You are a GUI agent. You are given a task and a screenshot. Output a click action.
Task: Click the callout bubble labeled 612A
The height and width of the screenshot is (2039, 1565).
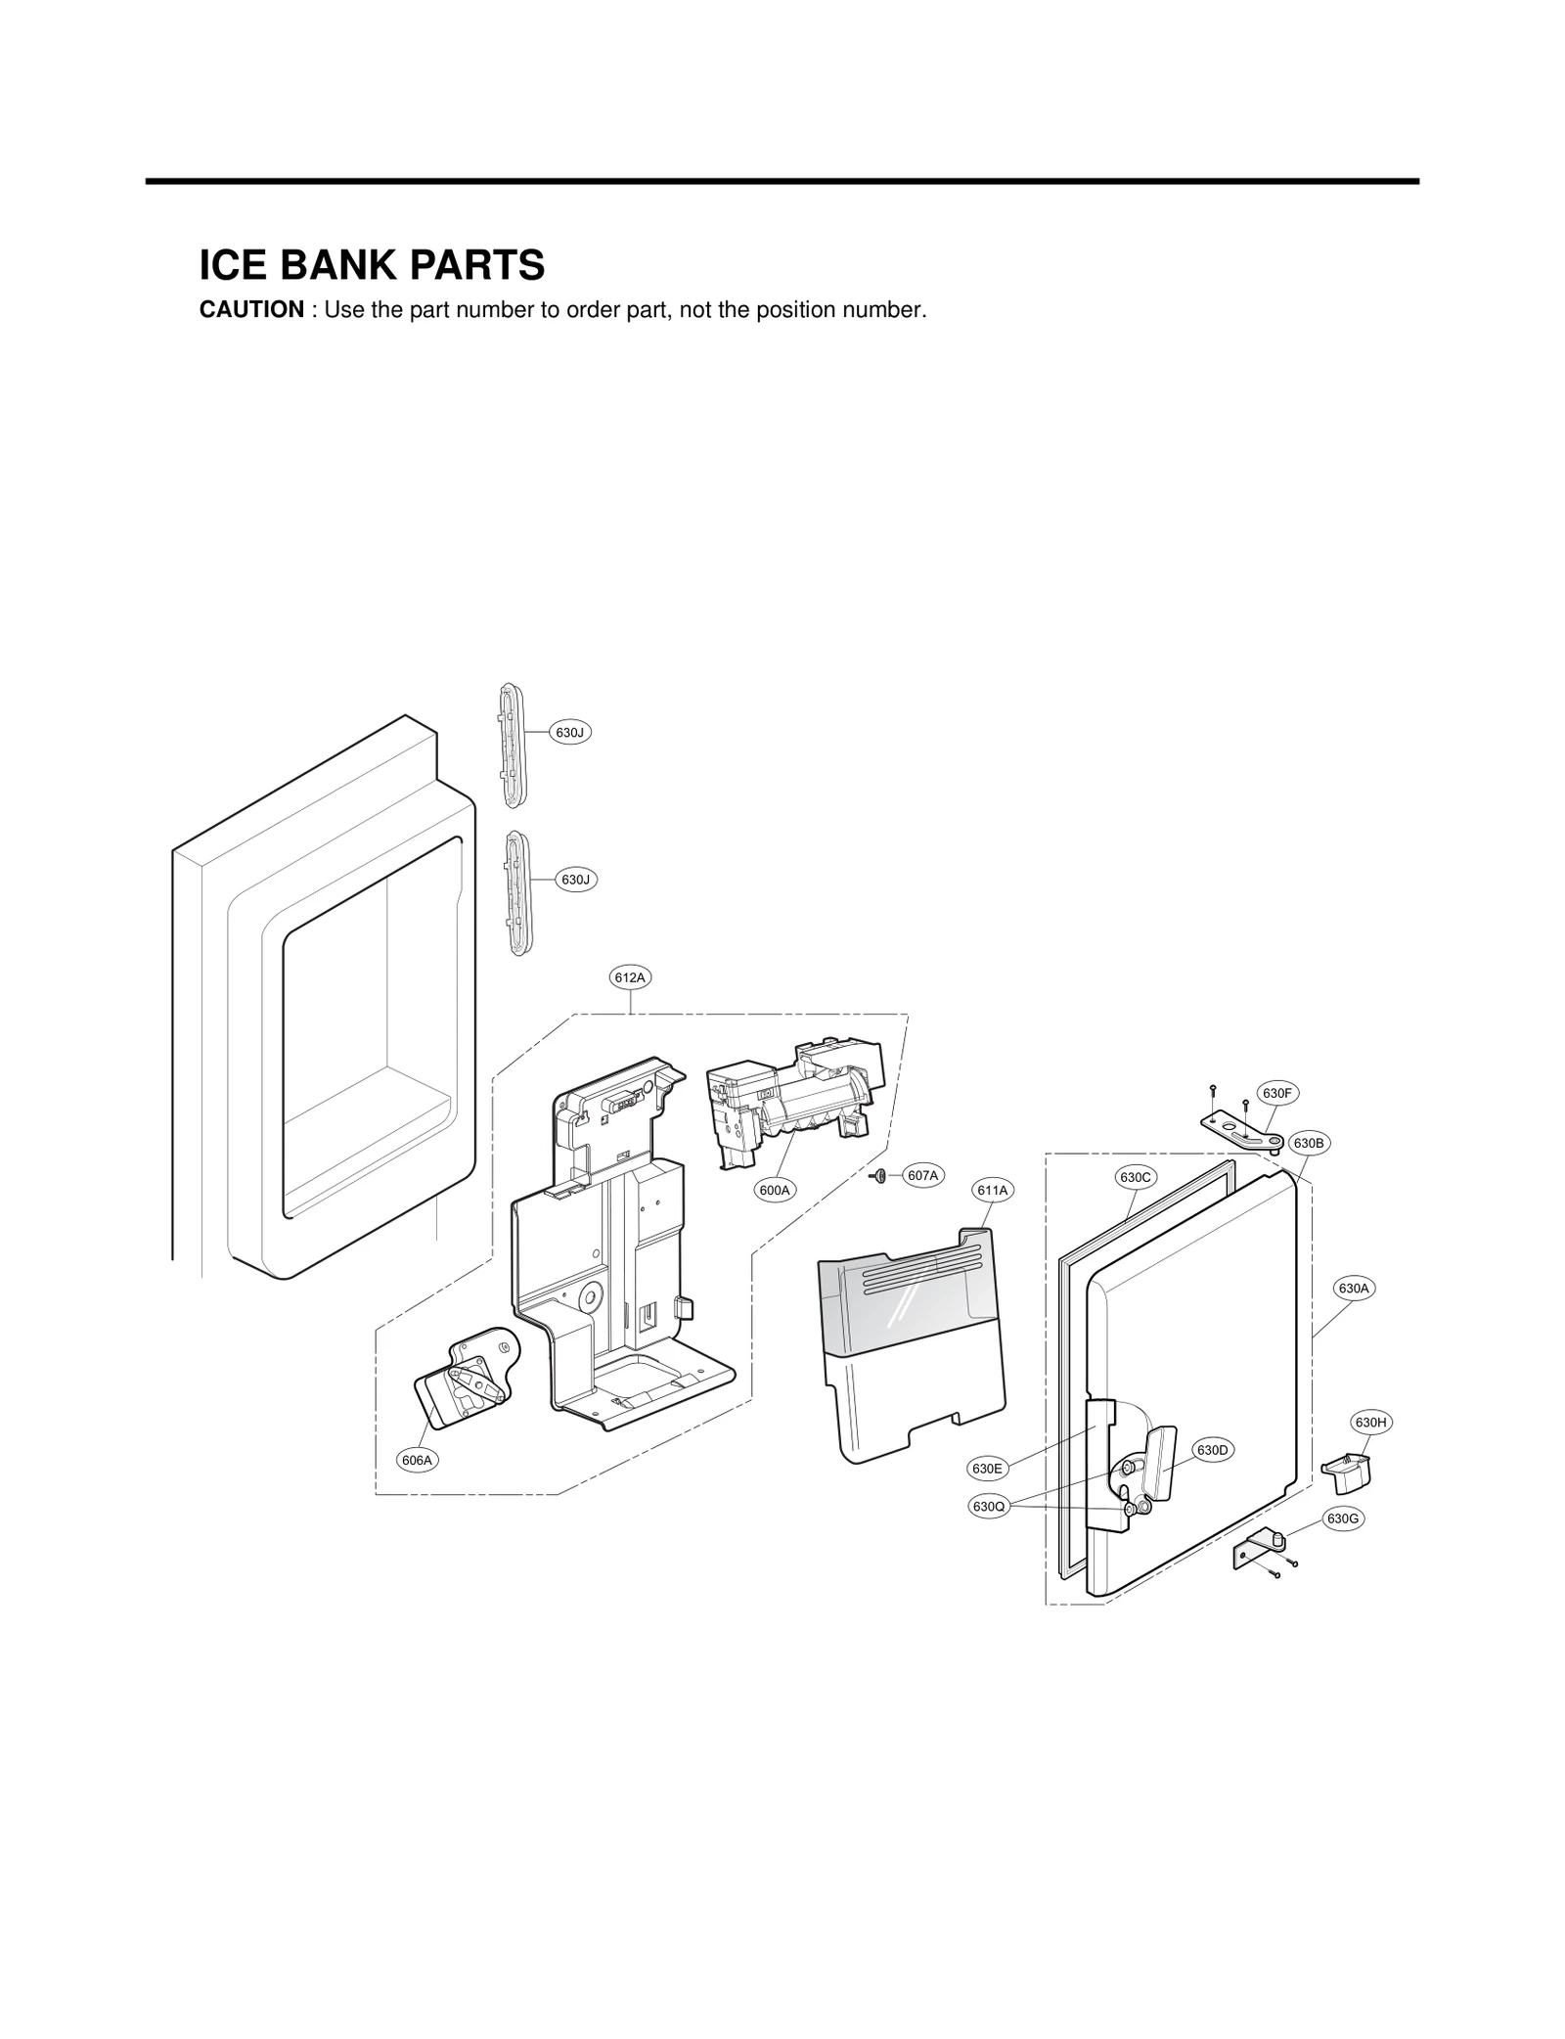click(x=630, y=976)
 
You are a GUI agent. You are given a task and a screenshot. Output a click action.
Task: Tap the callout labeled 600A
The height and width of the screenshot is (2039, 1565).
click(x=774, y=1190)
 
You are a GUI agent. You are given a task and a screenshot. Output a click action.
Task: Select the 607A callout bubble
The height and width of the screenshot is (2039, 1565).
click(x=922, y=1175)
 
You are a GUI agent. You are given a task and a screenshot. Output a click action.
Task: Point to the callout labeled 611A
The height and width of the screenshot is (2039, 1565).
click(x=992, y=1190)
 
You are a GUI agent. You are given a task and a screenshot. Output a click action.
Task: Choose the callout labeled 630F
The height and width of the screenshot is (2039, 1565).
click(x=1276, y=1093)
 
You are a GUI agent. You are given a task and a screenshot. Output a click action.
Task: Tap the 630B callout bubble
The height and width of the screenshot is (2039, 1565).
click(x=1309, y=1142)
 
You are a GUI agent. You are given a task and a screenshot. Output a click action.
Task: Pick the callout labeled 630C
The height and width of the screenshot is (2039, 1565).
click(x=1136, y=1177)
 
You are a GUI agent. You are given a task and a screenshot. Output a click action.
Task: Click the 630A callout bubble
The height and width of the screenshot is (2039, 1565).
click(x=1354, y=1289)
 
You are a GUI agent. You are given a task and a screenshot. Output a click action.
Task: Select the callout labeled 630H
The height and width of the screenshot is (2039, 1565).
click(x=1370, y=1422)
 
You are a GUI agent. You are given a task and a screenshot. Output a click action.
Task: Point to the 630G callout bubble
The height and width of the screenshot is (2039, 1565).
click(x=1343, y=1518)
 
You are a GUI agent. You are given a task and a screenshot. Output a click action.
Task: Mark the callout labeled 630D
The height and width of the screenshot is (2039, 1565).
click(x=1212, y=1449)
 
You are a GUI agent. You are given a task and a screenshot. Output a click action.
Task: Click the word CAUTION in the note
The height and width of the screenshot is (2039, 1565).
click(x=251, y=310)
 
